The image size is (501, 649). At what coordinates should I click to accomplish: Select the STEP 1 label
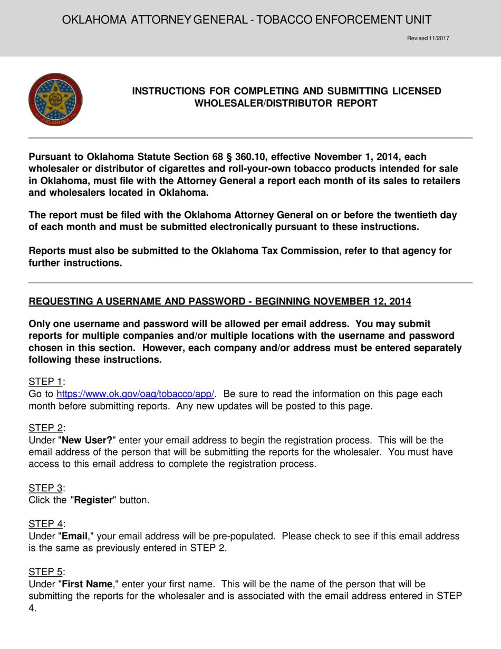click(x=46, y=381)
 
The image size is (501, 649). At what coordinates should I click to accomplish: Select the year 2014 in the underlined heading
click(x=400, y=302)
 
